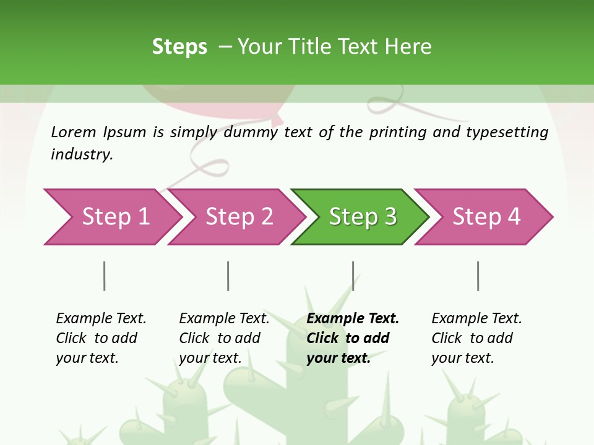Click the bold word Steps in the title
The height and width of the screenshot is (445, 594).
[x=179, y=47]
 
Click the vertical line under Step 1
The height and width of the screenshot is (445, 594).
[x=104, y=276]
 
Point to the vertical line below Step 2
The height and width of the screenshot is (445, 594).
[x=228, y=276]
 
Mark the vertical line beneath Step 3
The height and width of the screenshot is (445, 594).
[x=353, y=276]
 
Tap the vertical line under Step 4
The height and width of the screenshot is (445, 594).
[x=478, y=276]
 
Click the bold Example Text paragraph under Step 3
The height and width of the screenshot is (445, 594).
[x=352, y=338]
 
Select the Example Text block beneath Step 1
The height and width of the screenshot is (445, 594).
[x=101, y=338]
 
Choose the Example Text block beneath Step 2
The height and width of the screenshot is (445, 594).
[x=224, y=338]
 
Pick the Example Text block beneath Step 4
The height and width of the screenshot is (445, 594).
[x=476, y=338]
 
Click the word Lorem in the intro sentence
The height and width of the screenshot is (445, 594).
[x=74, y=132]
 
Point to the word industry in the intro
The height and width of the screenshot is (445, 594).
[x=82, y=155]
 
